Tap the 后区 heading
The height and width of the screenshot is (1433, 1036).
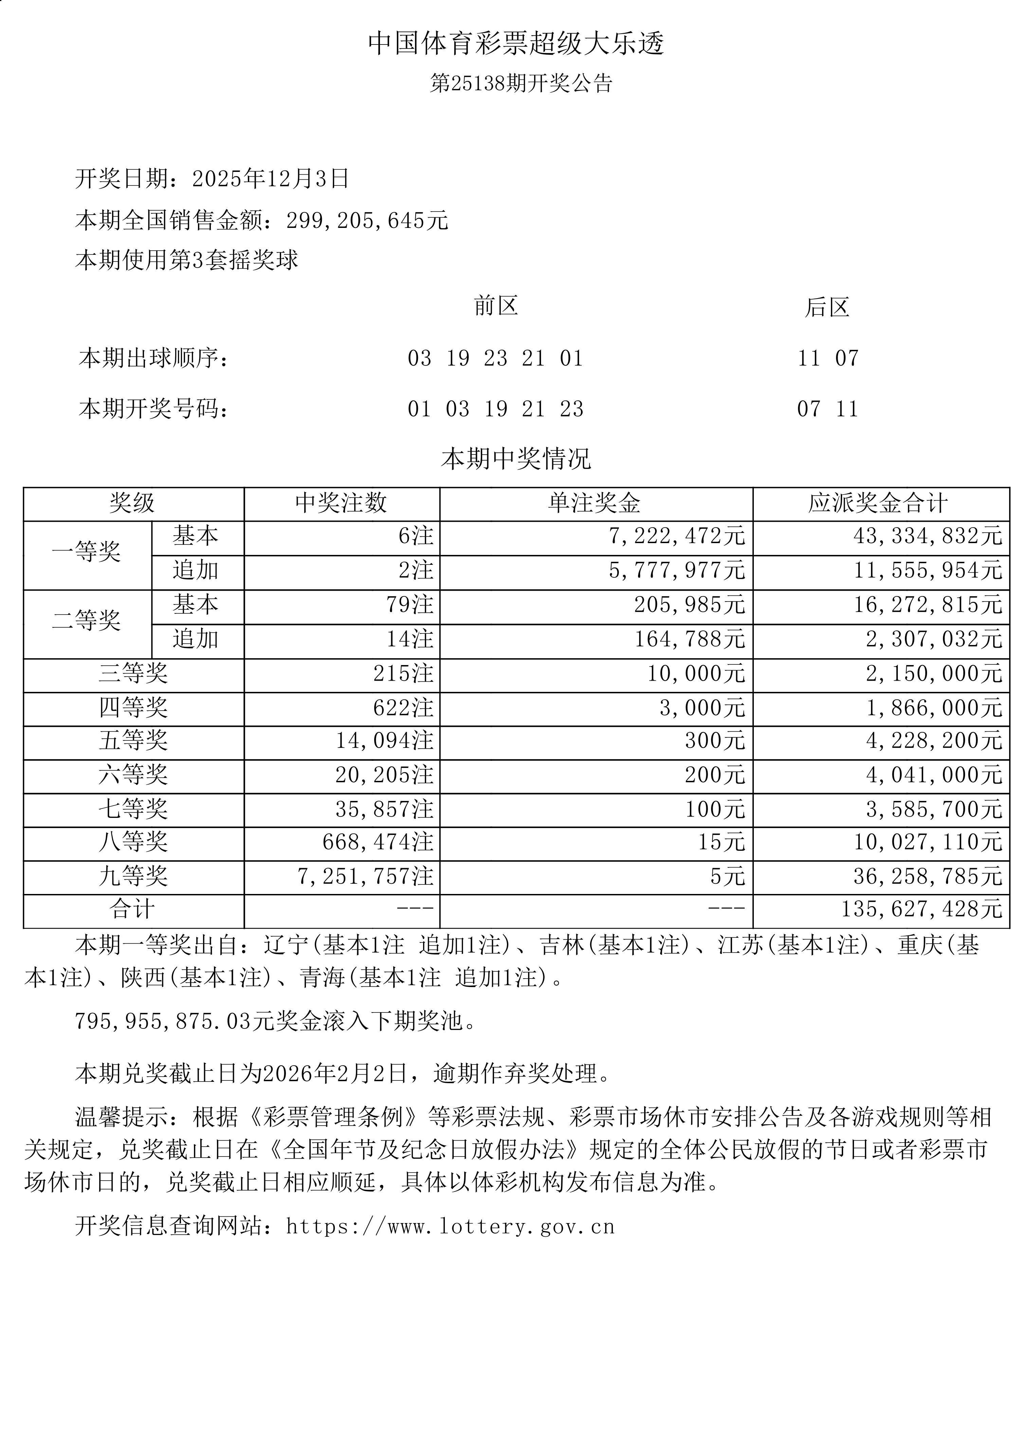pyautogui.click(x=827, y=308)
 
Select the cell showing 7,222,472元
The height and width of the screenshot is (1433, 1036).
pyautogui.click(x=676, y=536)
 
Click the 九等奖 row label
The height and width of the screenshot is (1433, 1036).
pyautogui.click(x=133, y=876)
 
